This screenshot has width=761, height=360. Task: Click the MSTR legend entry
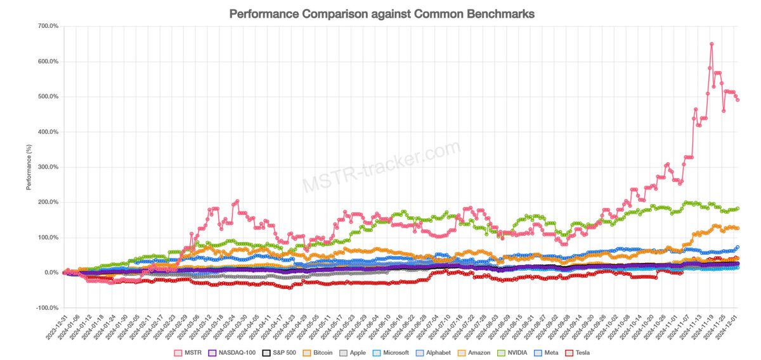(x=189, y=352)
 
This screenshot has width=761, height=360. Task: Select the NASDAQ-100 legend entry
(x=233, y=352)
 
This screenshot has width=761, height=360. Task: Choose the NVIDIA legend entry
(x=517, y=352)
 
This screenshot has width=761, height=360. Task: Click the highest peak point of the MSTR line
(x=712, y=44)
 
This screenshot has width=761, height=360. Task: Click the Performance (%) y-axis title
(x=29, y=167)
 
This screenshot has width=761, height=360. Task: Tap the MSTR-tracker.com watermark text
(x=380, y=167)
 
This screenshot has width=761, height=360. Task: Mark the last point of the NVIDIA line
(x=738, y=209)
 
